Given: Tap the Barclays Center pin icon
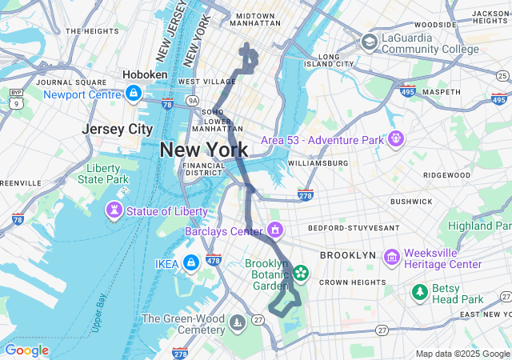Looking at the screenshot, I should [275, 231].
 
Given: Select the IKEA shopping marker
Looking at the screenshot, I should [190, 262].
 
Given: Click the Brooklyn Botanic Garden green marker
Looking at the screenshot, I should [301, 274].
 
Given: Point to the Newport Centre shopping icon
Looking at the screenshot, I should [131, 94].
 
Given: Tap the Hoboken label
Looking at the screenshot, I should [145, 74].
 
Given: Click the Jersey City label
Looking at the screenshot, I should [117, 129].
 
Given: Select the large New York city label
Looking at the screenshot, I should [203, 149].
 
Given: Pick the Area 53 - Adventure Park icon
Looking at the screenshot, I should [394, 139].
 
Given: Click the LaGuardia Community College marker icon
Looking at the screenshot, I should [369, 42].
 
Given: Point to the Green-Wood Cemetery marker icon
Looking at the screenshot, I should [238, 322].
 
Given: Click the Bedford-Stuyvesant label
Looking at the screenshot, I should [353, 228].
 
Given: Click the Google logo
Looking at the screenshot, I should [26, 350].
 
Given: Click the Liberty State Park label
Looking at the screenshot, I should [107, 174].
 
